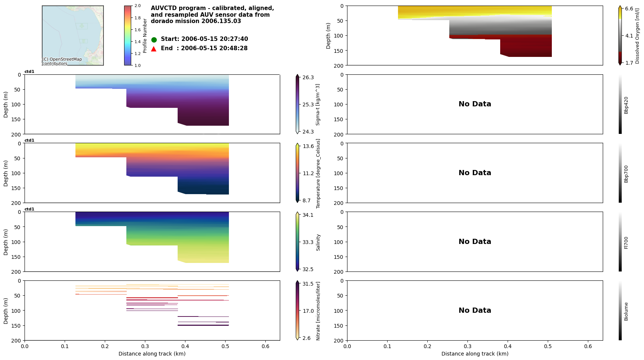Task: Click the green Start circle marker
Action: coord(154,39)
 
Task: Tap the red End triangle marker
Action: coord(154,49)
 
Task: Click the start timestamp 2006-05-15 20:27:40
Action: coord(214,39)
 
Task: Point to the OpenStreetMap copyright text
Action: coord(62,61)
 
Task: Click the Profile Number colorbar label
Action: coord(145,36)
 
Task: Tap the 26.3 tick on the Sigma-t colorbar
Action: coord(308,77)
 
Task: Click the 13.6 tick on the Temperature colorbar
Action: coord(308,146)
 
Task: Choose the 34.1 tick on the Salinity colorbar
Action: coord(308,215)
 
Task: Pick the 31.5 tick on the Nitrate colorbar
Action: coord(308,284)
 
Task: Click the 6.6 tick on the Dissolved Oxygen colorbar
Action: coord(629,9)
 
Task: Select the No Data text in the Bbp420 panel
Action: coord(475,104)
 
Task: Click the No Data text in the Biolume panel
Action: coord(475,311)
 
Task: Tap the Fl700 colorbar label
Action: coord(626,242)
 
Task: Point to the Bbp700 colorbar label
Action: coord(626,174)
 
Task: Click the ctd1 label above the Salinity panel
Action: coord(29,209)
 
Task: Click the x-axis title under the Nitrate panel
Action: coord(152,354)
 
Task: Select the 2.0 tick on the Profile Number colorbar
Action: coord(137,6)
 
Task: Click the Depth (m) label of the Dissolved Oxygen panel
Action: coord(329,36)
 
